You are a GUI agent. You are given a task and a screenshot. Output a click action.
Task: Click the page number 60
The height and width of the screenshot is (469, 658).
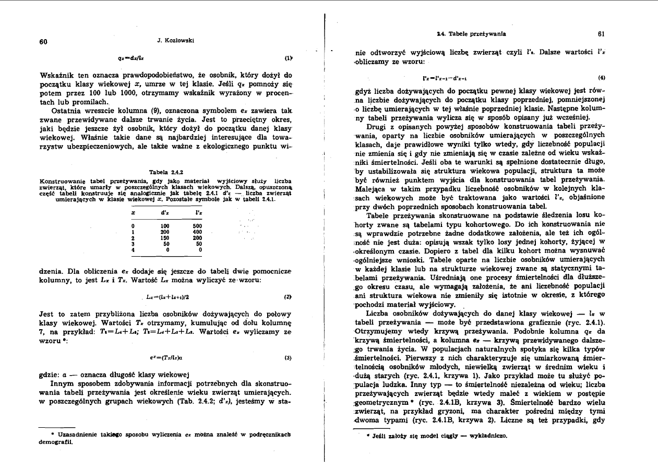point(44,42)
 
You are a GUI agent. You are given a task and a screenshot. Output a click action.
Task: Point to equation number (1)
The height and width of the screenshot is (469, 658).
point(288,59)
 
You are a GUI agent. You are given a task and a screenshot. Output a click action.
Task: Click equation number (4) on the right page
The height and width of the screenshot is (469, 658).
point(602,77)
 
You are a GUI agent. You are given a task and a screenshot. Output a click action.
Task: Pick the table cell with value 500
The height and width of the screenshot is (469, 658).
point(197,211)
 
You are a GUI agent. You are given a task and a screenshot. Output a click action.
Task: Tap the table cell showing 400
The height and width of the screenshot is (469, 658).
point(197,217)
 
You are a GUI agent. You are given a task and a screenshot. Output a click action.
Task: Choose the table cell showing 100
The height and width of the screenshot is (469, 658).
point(165,211)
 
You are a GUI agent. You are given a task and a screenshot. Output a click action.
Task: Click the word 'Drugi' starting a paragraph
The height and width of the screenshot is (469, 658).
point(377,127)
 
